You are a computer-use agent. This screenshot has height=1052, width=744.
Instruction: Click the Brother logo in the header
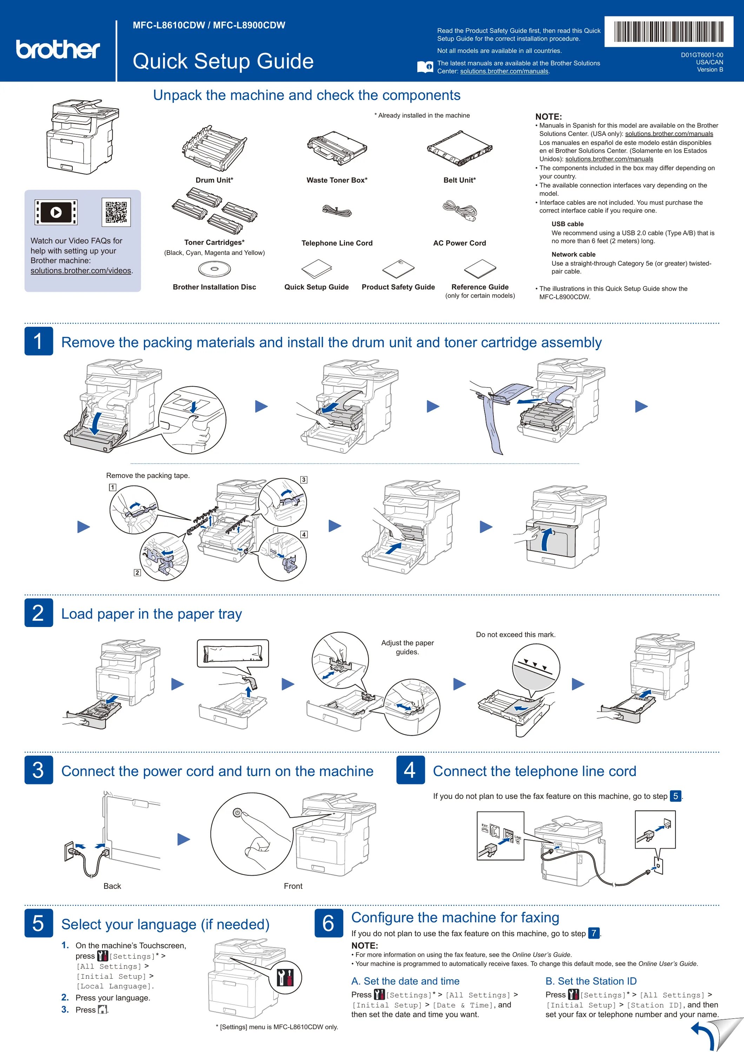[x=58, y=49]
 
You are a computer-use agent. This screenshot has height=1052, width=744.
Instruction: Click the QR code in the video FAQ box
[x=116, y=212]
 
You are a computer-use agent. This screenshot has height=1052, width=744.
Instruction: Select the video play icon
[x=56, y=212]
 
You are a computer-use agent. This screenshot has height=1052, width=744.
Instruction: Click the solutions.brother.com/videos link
[x=81, y=271]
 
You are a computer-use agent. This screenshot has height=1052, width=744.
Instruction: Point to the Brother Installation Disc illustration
[x=214, y=269]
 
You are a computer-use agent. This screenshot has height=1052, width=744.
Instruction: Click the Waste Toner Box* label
[x=337, y=180]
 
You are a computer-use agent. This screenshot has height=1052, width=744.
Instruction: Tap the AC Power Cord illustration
[x=460, y=211]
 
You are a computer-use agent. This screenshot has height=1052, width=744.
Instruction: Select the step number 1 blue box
[x=39, y=341]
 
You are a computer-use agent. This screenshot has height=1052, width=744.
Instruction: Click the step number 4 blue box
[x=410, y=770]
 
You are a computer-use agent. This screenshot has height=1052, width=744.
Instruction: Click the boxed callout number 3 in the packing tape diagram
[x=304, y=480]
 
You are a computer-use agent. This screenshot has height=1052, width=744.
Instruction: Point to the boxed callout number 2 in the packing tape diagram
[x=137, y=573]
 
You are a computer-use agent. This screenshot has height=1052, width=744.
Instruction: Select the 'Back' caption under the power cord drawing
[x=112, y=886]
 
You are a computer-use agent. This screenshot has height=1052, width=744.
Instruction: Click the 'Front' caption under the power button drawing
[x=293, y=886]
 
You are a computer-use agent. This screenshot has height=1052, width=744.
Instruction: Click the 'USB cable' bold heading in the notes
[x=567, y=224]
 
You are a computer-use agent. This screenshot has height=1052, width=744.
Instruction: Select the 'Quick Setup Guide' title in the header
[x=223, y=61]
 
